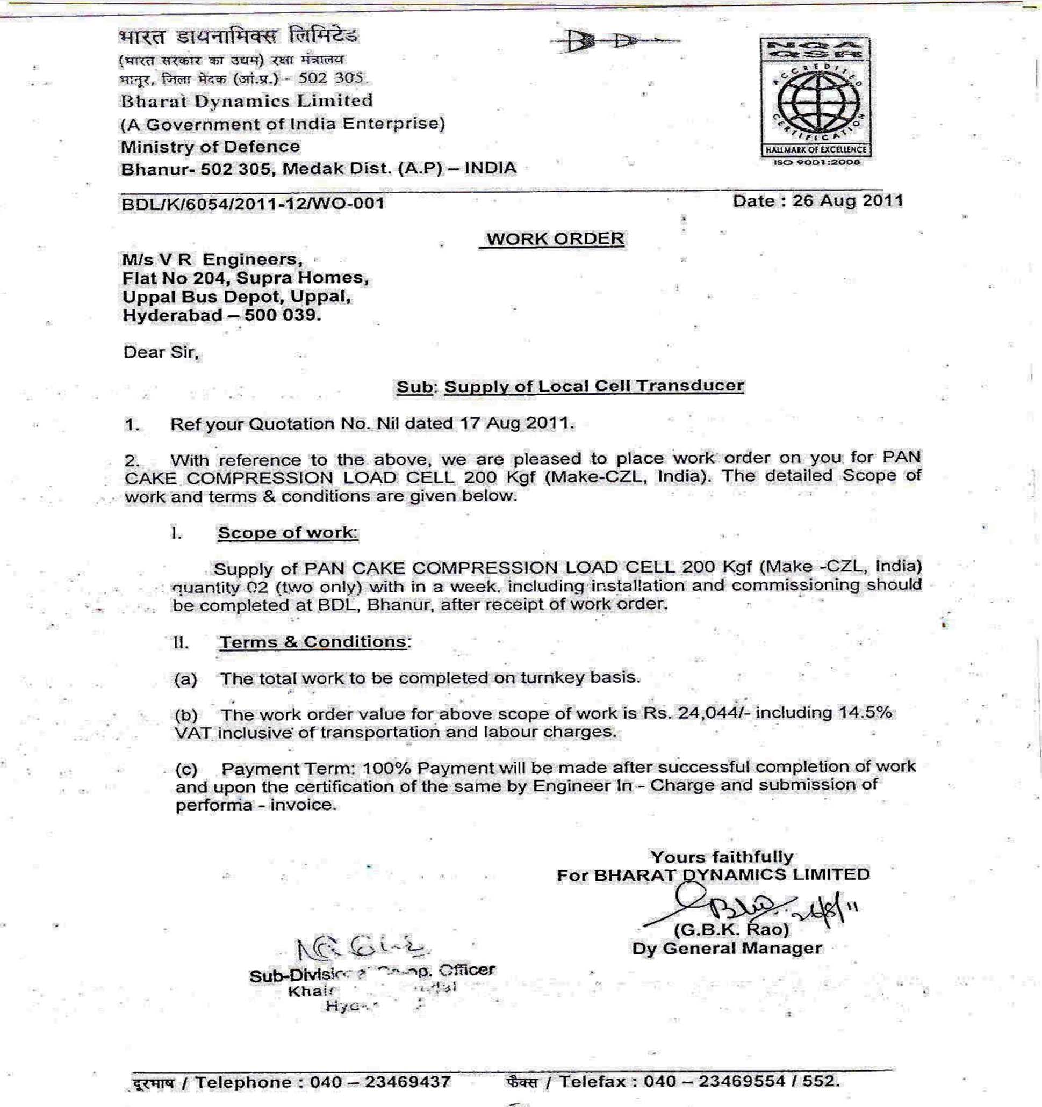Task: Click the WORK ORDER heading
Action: point(555,239)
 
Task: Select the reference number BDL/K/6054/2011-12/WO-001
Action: point(253,203)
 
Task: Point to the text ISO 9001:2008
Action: point(816,162)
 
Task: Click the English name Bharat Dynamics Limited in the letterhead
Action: point(247,101)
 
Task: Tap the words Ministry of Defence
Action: point(210,147)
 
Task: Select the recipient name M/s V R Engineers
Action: point(212,259)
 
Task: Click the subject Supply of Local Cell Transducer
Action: point(593,386)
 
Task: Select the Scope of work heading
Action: point(288,532)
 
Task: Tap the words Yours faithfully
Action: point(722,856)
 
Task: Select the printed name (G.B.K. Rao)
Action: point(731,929)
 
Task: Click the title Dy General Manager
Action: point(727,949)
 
